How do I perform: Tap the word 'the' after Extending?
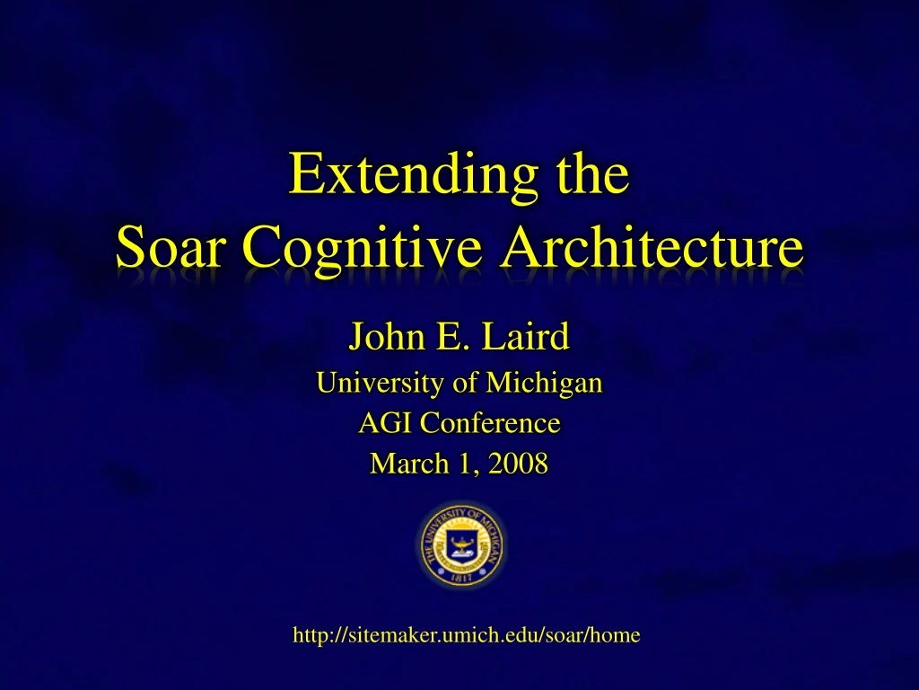[x=592, y=175]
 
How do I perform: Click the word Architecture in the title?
[x=652, y=247]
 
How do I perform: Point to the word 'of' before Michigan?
[x=466, y=383]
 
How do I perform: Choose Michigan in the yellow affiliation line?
[x=544, y=384]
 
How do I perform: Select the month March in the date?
[x=403, y=463]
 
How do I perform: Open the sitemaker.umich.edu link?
[x=467, y=635]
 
